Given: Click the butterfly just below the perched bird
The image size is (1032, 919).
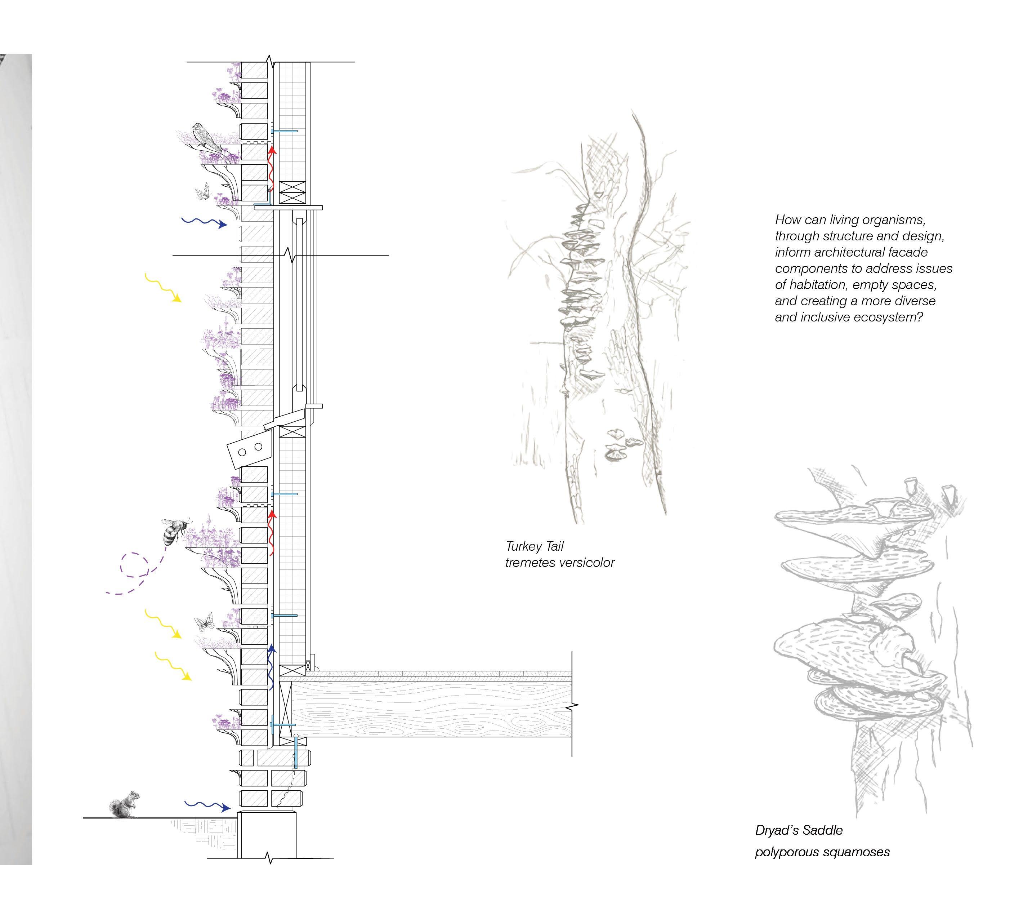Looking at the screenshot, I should (x=203, y=191).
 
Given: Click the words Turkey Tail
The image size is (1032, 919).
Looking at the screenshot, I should (x=534, y=546).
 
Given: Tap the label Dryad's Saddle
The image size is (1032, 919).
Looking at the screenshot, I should (x=799, y=830).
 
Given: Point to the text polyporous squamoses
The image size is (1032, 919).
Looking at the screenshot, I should (x=822, y=852).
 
